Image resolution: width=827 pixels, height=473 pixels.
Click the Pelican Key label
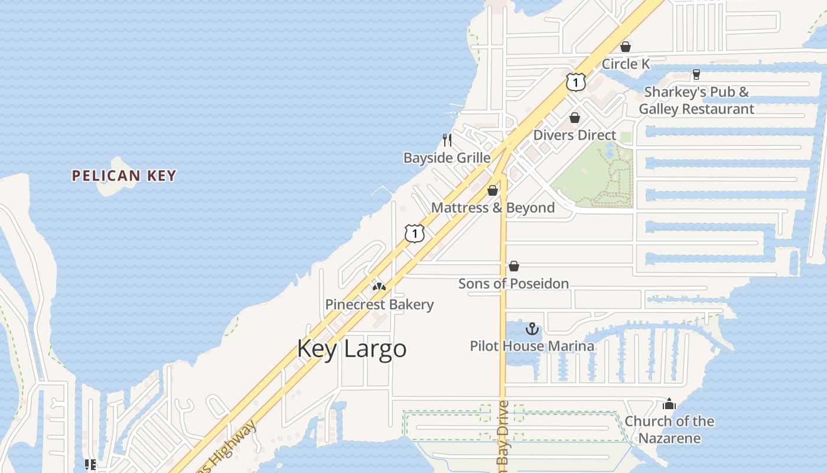point(124,176)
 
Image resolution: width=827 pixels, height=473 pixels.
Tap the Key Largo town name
point(351,348)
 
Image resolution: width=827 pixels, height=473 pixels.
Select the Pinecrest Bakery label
point(379,304)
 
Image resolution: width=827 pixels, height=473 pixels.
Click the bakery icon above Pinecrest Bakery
point(379,287)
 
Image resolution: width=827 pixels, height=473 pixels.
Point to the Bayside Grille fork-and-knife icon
point(447,140)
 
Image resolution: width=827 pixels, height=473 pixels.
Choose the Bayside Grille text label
point(447,158)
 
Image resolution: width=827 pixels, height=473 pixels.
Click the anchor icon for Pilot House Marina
point(532,329)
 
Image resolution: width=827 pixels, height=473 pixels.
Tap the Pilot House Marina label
point(532,346)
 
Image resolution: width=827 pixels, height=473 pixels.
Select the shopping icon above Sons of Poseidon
point(514,266)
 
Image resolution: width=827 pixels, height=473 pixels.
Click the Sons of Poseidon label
point(513,284)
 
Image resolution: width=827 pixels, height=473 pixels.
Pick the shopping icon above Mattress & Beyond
point(493,190)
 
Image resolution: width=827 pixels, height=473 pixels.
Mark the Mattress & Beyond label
point(493,208)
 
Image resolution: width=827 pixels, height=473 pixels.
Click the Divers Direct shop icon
point(575,118)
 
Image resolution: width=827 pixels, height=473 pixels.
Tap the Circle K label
point(626,64)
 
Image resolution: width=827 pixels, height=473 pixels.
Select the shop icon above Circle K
point(626,47)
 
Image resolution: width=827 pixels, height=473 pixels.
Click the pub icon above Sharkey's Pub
point(696,74)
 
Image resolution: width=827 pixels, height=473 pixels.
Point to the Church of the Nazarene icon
point(669,404)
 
